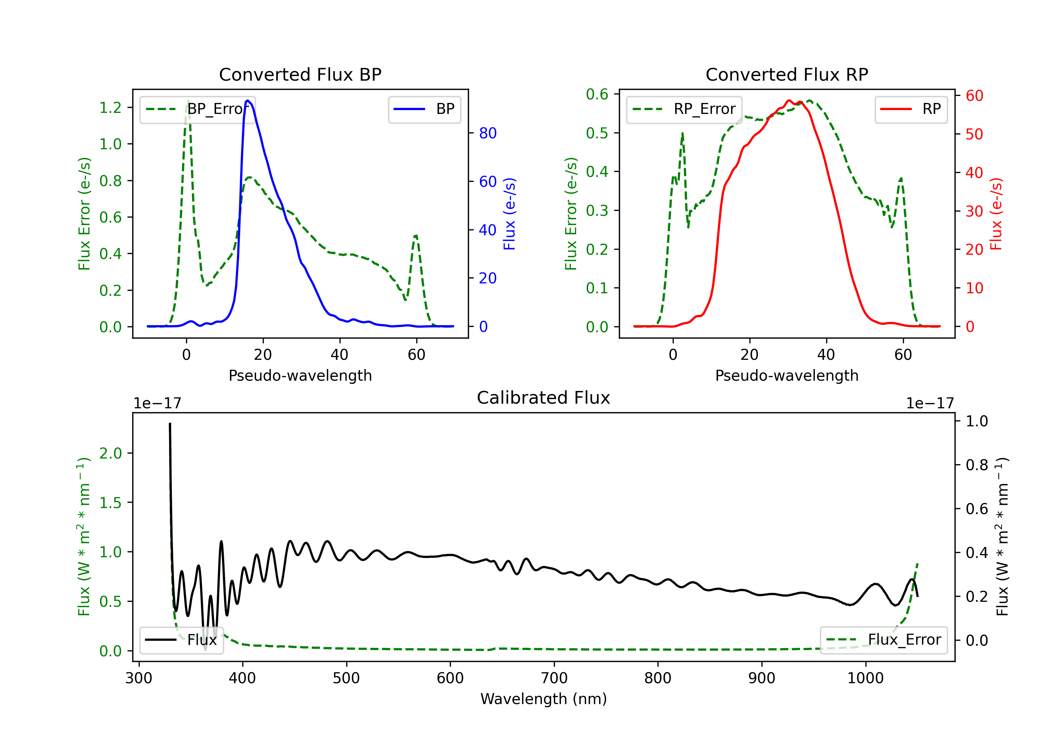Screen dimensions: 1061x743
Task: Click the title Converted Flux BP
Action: point(300,74)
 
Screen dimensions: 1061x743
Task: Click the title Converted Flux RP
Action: point(787,74)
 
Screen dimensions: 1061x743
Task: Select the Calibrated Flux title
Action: point(544,398)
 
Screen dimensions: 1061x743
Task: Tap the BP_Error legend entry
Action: point(197,109)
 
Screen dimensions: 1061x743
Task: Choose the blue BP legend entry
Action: point(424,109)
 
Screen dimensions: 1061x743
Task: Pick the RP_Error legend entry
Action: point(684,109)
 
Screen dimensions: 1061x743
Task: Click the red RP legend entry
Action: point(911,109)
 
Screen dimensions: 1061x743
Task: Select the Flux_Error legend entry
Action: point(883,640)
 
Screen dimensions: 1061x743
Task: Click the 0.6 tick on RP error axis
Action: point(597,94)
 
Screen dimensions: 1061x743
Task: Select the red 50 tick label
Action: point(975,134)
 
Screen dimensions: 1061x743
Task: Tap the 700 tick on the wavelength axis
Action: point(554,678)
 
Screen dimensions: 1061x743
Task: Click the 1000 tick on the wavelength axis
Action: point(865,678)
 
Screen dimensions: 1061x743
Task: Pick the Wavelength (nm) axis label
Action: point(544,699)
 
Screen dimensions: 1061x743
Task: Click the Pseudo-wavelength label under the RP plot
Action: point(787,375)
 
